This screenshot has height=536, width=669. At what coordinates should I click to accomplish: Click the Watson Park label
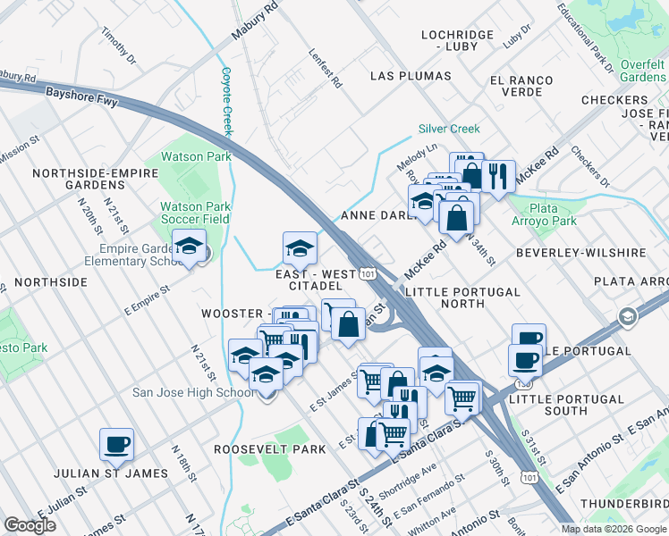pyautogui.click(x=196, y=157)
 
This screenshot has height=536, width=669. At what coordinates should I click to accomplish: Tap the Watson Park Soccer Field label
pyautogui.click(x=195, y=213)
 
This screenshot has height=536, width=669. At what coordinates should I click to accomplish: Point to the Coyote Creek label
pyautogui.click(x=226, y=102)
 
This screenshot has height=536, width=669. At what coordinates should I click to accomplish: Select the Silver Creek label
pyautogui.click(x=449, y=129)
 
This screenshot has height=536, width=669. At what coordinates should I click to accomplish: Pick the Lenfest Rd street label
pyautogui.click(x=326, y=69)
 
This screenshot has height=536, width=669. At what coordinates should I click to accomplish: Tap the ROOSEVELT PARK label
pyautogui.click(x=270, y=449)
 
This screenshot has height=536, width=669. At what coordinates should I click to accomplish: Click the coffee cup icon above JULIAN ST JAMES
pyautogui.click(x=116, y=443)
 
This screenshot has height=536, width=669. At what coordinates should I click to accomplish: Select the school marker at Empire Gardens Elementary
pyautogui.click(x=189, y=246)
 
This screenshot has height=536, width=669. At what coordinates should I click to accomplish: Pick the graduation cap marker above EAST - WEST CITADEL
pyautogui.click(x=300, y=247)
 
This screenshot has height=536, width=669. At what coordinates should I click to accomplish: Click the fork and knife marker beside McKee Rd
pyautogui.click(x=498, y=174)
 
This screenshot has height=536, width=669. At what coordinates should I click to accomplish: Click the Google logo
pyautogui.click(x=30, y=525)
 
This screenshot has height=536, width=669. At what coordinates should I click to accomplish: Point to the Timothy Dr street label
pyautogui.click(x=117, y=45)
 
